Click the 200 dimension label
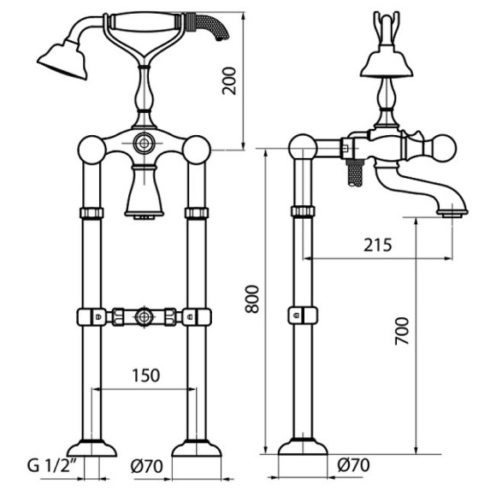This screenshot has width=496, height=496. click(x=229, y=80)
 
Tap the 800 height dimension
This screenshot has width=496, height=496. click(x=252, y=299)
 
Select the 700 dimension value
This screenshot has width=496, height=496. click(x=402, y=331)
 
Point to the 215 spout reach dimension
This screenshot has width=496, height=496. click(x=377, y=245)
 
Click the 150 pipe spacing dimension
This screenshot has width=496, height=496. click(x=146, y=375)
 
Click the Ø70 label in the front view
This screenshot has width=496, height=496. click(x=147, y=466)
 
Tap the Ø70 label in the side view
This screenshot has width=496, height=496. click(x=353, y=465)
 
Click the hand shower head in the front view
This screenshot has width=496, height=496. click(x=63, y=60)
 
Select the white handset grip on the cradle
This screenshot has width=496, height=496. click(x=145, y=23)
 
